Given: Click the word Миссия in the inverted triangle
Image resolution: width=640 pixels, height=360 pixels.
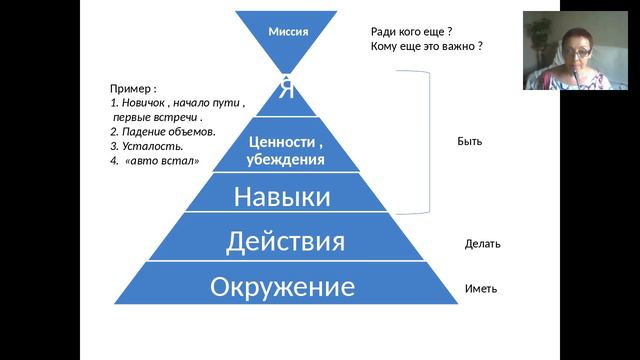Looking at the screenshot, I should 288,31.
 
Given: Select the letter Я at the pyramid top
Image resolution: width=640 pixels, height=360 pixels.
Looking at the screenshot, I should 287,88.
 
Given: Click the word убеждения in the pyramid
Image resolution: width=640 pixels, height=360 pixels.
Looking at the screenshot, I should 285,159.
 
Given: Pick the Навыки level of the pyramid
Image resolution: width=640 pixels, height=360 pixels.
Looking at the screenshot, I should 282,196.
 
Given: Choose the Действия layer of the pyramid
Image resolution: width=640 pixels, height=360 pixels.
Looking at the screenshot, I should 285,241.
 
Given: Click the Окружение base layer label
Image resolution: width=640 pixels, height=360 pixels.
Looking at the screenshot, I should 283,288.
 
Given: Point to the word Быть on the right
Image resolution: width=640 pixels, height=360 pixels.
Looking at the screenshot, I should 469,141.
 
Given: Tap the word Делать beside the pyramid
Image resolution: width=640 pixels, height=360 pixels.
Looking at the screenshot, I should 483,244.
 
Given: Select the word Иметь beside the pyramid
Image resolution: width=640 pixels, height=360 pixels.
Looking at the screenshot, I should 481,289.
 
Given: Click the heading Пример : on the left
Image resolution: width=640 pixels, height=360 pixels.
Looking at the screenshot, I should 133,88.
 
